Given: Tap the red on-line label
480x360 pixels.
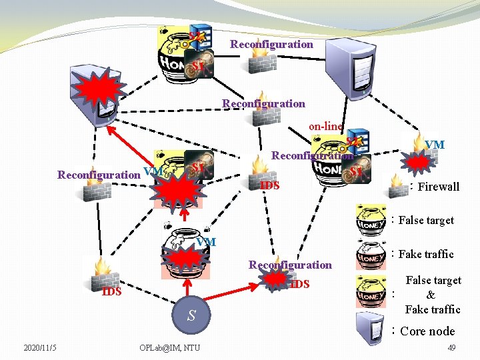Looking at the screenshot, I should [325, 126].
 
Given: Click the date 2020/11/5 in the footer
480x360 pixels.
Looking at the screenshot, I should [40, 347].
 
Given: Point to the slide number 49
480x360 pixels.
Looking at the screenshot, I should [451, 347].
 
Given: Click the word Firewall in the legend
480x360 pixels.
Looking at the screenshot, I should [438, 187].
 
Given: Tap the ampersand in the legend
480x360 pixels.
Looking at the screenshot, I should [431, 295].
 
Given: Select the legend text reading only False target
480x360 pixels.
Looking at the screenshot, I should [426, 220].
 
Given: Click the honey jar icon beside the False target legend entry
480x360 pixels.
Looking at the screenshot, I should [371, 219].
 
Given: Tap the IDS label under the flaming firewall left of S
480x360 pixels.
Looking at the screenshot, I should [111, 291].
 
